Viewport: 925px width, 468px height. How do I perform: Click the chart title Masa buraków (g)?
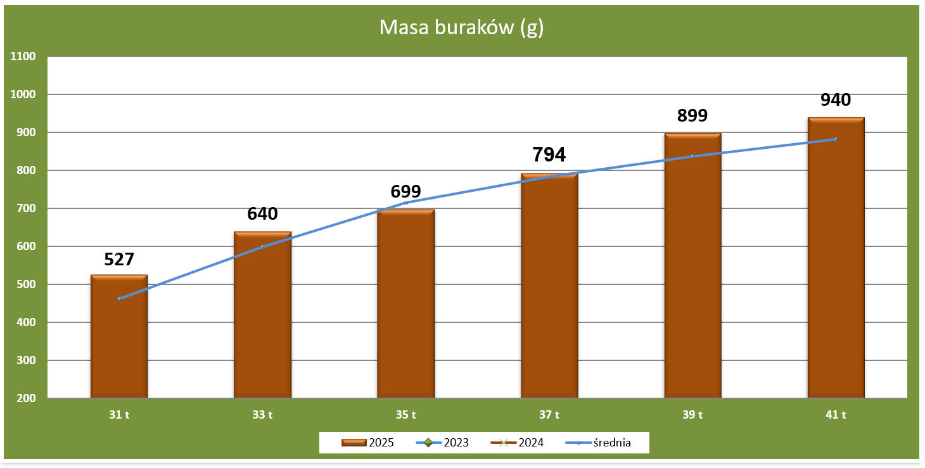(x=461, y=28)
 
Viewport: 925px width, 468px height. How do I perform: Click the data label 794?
(x=549, y=155)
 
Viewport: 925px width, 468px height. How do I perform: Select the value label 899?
(x=692, y=115)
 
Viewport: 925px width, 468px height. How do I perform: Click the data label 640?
(x=262, y=214)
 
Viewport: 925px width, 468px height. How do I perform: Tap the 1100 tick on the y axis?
(x=23, y=56)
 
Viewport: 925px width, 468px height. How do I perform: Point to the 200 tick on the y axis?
(x=26, y=398)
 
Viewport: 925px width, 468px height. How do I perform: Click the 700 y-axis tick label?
(x=26, y=208)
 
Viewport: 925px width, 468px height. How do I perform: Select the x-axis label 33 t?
(x=262, y=415)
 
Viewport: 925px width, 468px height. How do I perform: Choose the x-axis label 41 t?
(x=836, y=415)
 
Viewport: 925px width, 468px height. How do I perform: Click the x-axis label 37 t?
(x=549, y=415)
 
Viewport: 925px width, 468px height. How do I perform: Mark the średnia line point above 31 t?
(x=119, y=298)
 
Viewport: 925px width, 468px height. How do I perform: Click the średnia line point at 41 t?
(x=836, y=139)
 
